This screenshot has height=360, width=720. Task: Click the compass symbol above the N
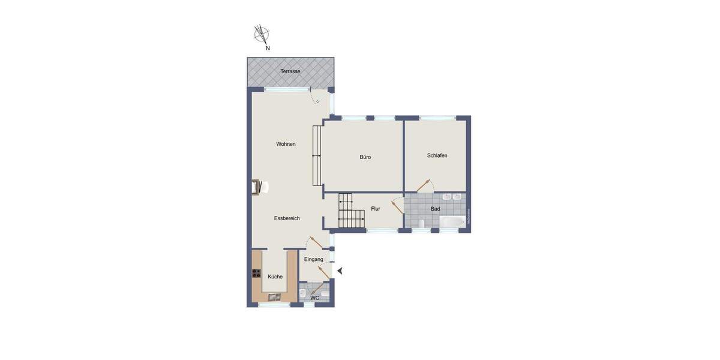262,34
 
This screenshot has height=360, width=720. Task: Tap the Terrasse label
290,71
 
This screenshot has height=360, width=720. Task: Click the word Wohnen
286,144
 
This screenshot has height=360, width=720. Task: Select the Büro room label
365,157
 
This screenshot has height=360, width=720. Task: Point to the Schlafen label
437,155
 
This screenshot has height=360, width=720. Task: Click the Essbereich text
287,218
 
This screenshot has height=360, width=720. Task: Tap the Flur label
376,209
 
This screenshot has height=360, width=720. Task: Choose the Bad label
436,209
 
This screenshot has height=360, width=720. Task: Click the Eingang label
314,259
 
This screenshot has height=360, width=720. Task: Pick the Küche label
275,277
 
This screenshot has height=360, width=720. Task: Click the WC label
315,298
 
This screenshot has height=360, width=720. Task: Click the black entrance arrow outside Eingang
340,271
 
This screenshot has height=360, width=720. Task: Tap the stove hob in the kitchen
256,274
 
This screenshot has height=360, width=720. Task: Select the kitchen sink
274,296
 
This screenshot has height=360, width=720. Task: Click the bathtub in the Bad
452,222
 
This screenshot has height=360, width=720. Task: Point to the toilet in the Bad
422,224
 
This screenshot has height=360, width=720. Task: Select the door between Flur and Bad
397,206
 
